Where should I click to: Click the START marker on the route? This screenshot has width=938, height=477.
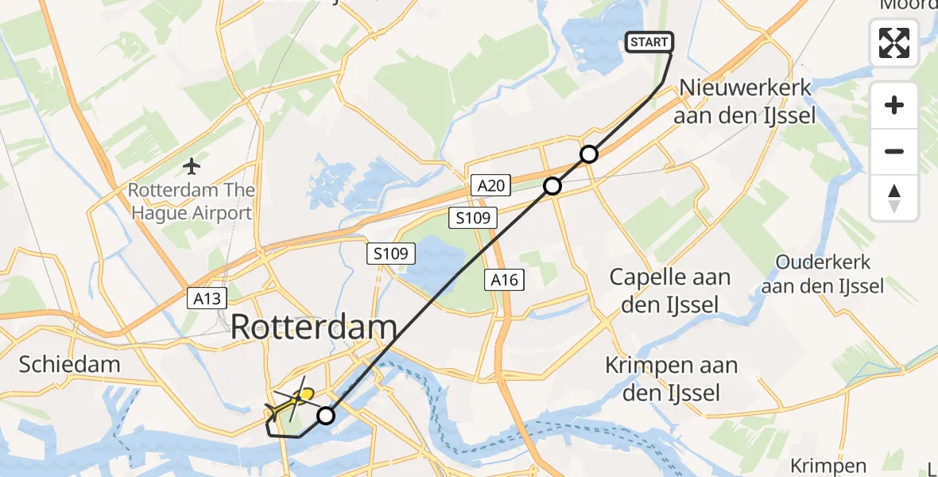pyautogui.click(x=650, y=42)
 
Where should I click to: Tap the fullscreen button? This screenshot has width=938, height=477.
pyautogui.click(x=894, y=43)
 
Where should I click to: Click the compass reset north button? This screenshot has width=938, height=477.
pyautogui.click(x=894, y=198)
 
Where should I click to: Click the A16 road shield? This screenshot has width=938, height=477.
pyautogui.click(x=505, y=279)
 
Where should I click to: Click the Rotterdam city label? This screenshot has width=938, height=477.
pyautogui.click(x=314, y=328)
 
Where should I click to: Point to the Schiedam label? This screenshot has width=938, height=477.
pyautogui.click(x=70, y=365)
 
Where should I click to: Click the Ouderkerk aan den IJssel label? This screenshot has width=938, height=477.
pyautogui.click(x=823, y=273)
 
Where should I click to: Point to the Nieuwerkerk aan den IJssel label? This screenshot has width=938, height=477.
pyautogui.click(x=744, y=101)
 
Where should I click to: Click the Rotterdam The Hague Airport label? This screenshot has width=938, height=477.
pyautogui.click(x=192, y=201)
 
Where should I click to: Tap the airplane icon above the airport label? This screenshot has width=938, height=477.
pyautogui.click(x=192, y=166)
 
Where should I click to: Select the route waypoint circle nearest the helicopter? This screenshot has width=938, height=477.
pyautogui.click(x=326, y=415)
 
